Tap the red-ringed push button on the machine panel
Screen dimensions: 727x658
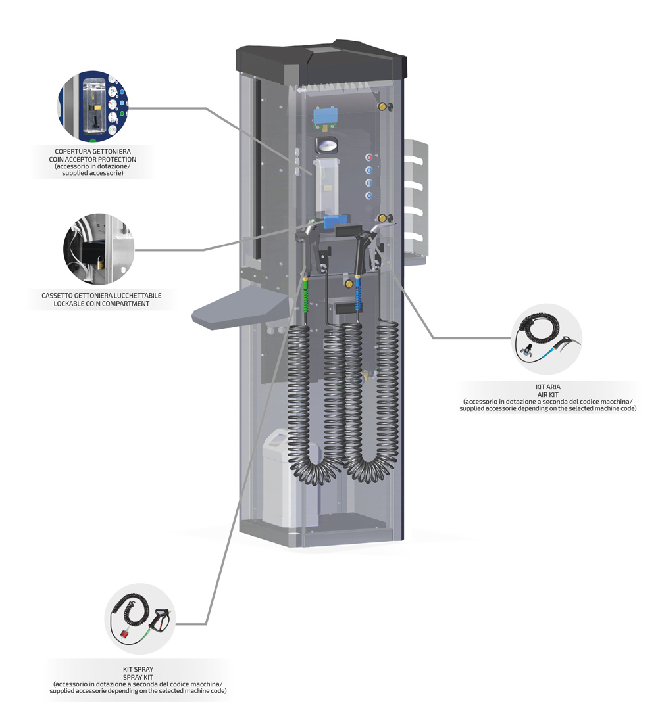[368, 158]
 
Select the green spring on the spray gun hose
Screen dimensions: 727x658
[306, 296]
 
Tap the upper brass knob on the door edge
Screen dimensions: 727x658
[380, 105]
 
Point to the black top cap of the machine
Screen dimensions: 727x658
[322, 62]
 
